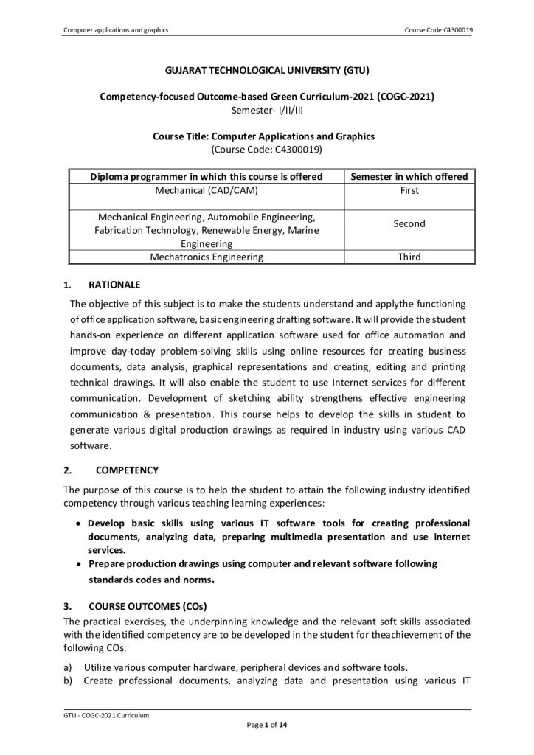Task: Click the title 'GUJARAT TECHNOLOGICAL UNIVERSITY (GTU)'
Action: click(266, 72)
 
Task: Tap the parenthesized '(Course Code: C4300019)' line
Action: click(266, 148)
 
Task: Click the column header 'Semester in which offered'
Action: click(409, 177)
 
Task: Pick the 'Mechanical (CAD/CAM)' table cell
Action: click(207, 190)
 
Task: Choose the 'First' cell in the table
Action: click(409, 190)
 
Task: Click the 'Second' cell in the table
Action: click(409, 223)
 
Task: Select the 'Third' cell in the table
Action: click(409, 257)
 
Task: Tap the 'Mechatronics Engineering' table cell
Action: click(207, 257)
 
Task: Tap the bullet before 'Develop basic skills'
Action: click(79, 523)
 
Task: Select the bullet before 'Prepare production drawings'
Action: click(79, 564)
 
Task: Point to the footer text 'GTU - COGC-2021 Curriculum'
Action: click(102, 716)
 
